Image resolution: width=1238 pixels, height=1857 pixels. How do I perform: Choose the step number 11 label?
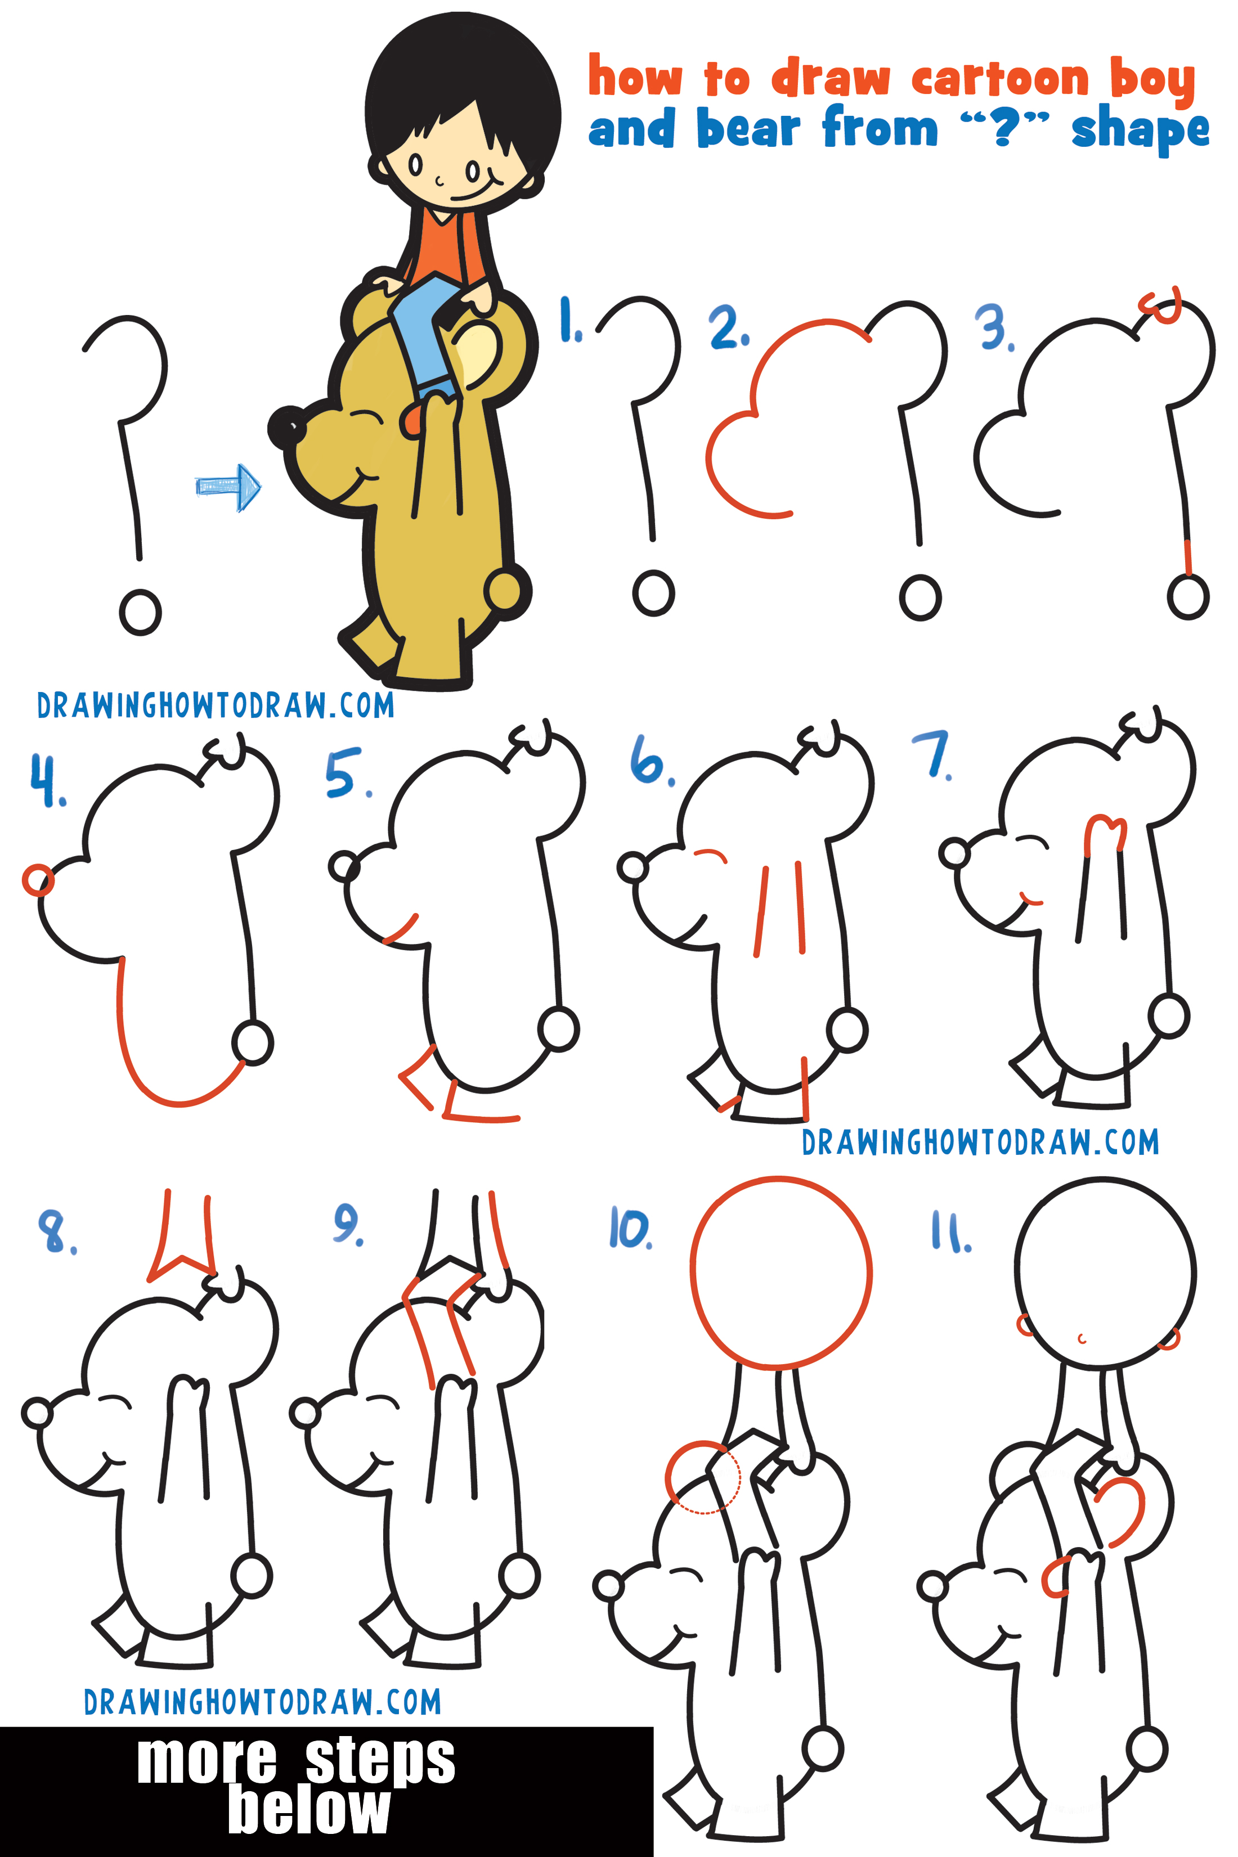tap(950, 1232)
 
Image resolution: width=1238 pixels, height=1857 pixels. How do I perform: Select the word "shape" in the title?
tap(1140, 131)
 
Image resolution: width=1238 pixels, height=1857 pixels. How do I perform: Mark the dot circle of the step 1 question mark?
tap(653, 593)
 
